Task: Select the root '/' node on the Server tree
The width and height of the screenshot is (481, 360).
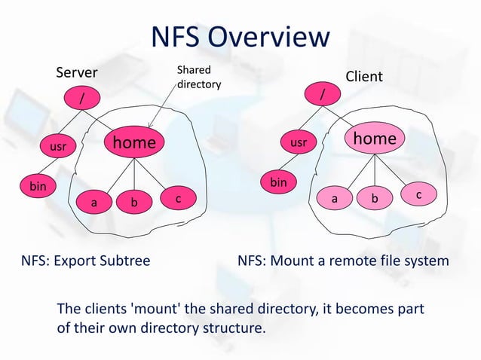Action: coord(83,98)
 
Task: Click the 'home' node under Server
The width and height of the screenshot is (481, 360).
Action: coord(134,142)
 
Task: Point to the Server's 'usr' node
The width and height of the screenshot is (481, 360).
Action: coord(57,148)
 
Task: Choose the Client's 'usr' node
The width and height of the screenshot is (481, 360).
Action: coord(299,142)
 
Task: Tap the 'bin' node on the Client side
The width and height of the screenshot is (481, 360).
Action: coord(278,182)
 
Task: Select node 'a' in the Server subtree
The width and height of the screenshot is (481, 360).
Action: coord(93,203)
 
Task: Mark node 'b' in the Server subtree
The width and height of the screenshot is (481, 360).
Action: coord(133,203)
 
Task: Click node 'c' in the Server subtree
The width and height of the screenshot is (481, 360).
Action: coord(177,199)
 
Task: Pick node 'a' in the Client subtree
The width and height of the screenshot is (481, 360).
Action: coord(334,200)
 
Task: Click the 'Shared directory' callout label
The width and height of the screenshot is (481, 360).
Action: coord(198,77)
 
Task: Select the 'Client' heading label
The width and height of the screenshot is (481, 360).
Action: coord(363,77)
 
